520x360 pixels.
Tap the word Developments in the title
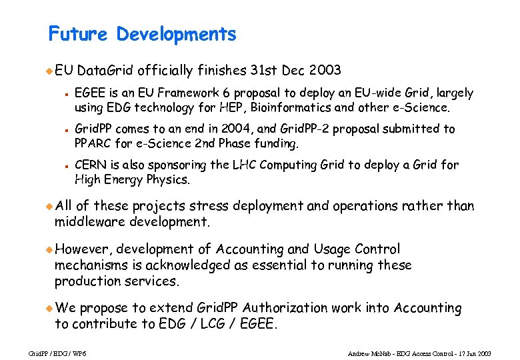click(x=176, y=35)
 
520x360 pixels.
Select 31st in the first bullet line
click(x=265, y=70)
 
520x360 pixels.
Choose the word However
click(x=83, y=249)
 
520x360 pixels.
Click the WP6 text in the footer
click(x=79, y=353)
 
